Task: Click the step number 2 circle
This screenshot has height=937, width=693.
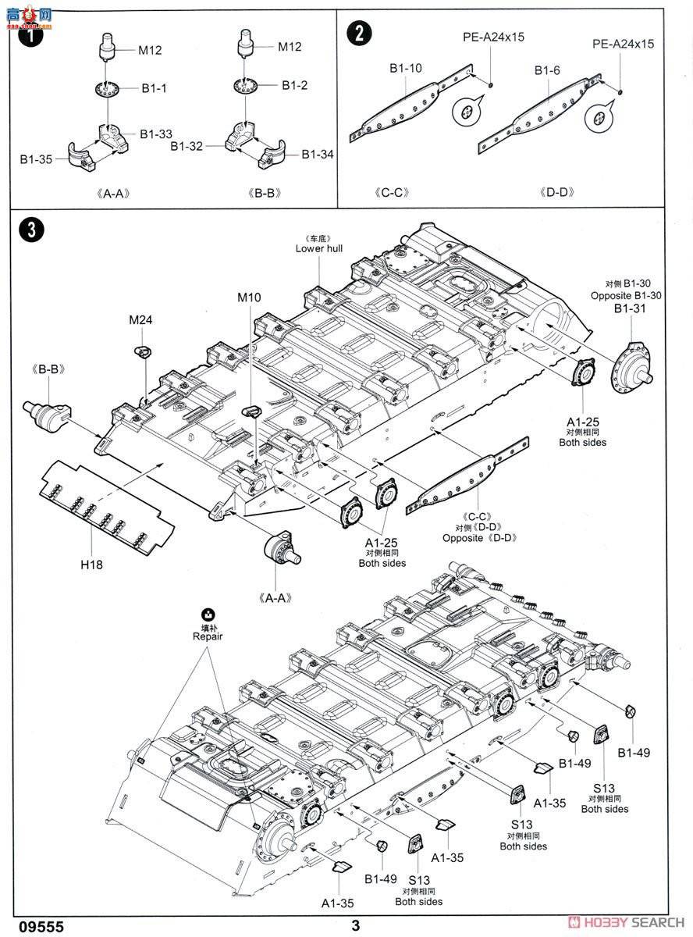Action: click(x=359, y=33)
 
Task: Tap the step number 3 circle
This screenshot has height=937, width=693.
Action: click(x=30, y=229)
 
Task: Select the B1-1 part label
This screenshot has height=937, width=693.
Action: click(x=154, y=89)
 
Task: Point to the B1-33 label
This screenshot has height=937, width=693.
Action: click(x=156, y=134)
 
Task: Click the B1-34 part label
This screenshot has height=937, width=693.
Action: click(x=317, y=155)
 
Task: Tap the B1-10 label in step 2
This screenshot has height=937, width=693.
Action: click(x=406, y=69)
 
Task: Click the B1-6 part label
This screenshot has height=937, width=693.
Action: click(x=547, y=70)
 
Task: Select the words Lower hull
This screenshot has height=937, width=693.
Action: click(x=318, y=248)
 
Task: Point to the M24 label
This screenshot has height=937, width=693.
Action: click(x=142, y=319)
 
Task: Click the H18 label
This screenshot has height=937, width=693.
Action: click(x=91, y=564)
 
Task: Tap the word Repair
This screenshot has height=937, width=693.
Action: click(x=208, y=636)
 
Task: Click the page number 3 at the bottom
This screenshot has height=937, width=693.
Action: click(x=356, y=925)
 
